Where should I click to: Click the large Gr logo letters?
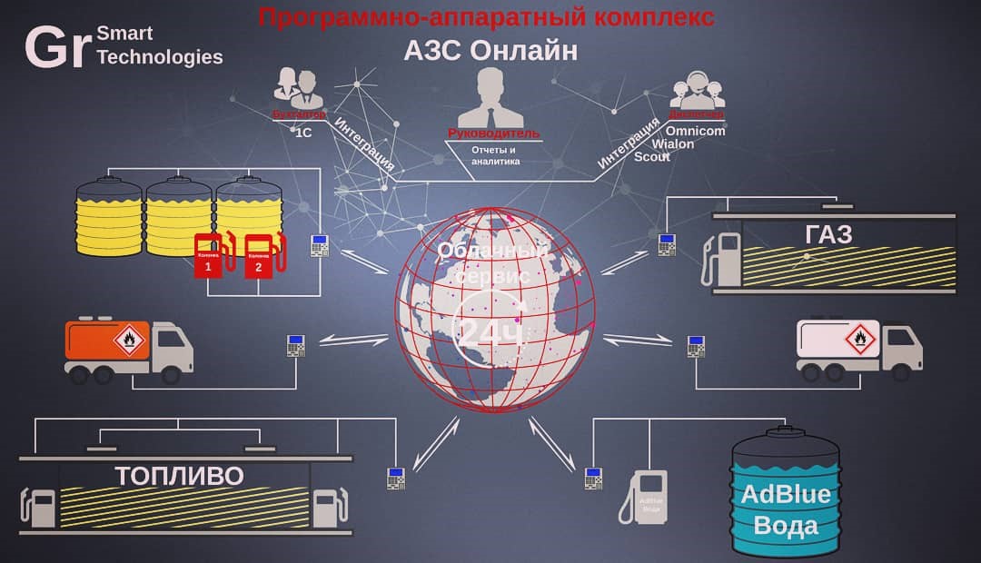(56, 47)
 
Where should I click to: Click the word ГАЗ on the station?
(828, 236)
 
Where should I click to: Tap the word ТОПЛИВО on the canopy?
(179, 476)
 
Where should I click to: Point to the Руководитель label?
(494, 133)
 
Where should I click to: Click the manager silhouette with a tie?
(491, 99)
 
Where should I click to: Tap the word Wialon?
(673, 143)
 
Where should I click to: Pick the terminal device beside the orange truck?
(295, 345)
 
